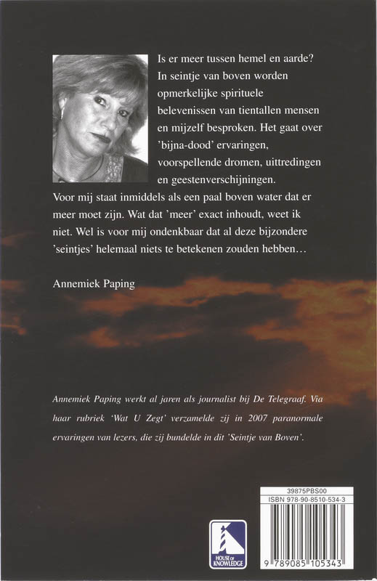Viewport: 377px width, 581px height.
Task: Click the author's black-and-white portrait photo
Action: click(x=100, y=118)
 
